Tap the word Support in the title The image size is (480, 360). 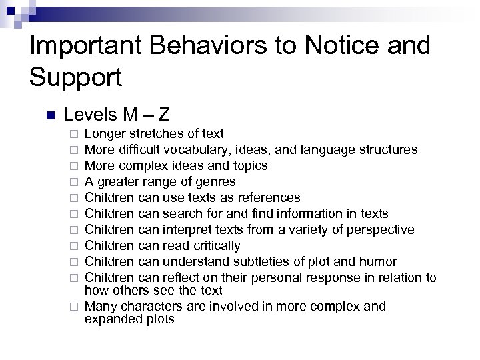point(76,77)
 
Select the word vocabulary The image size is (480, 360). point(191,150)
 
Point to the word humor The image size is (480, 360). point(376,261)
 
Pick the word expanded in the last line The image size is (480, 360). point(110,319)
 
